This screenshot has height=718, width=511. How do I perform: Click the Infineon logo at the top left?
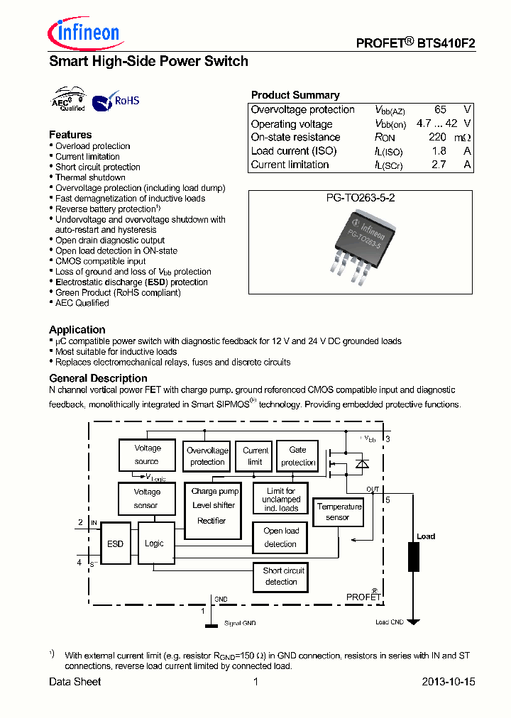click(84, 33)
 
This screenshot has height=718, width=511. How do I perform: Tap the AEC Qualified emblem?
click(70, 101)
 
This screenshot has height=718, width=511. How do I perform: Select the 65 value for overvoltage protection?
click(440, 110)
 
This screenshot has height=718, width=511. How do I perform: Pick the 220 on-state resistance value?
click(437, 138)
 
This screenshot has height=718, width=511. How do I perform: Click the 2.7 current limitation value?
click(439, 165)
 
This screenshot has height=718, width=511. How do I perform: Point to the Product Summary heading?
click(295, 95)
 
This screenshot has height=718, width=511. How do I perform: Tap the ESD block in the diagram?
click(115, 544)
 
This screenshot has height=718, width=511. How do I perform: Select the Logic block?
click(154, 544)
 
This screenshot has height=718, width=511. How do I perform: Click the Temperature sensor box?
click(339, 512)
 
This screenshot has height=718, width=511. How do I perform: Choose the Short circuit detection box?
click(282, 576)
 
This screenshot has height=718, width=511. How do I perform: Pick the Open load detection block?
click(281, 538)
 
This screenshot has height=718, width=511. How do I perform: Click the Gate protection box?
click(297, 456)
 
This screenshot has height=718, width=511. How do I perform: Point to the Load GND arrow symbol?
click(413, 622)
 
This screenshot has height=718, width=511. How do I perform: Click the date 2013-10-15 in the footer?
click(448, 682)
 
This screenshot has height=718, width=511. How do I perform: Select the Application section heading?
click(77, 330)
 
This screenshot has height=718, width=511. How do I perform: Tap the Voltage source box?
click(148, 455)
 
